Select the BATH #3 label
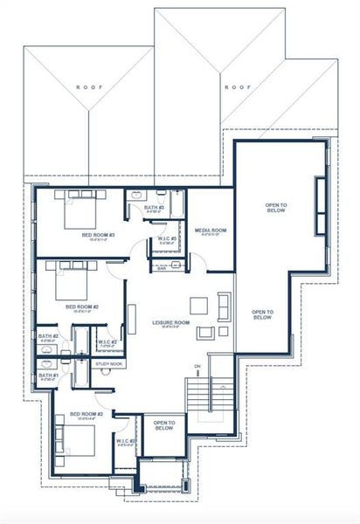click(x=155, y=209)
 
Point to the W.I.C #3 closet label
click(x=169, y=238)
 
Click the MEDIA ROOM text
click(x=211, y=230)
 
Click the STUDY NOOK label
click(x=109, y=362)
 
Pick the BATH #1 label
click(x=48, y=377)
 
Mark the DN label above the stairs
click(x=197, y=365)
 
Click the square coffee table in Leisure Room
click(x=198, y=306)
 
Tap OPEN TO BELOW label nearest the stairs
click(x=163, y=426)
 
